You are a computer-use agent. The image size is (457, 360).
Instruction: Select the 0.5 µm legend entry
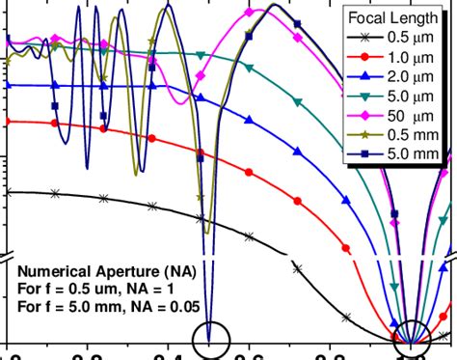[x=416, y=37]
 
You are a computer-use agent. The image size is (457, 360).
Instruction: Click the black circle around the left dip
[x=211, y=339]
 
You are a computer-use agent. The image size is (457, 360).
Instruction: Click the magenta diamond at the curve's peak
[x=250, y=13]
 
